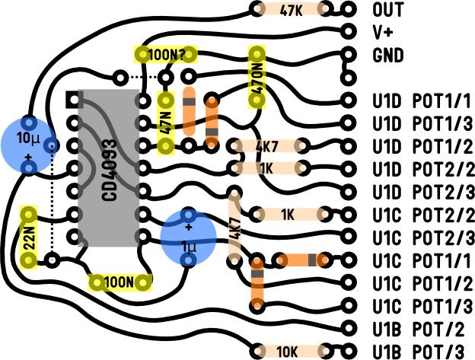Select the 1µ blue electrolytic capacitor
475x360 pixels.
[187, 237]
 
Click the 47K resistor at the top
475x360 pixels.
[290, 10]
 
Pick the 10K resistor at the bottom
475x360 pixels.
[288, 351]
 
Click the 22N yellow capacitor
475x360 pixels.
[28, 237]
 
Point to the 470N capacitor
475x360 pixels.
[257, 77]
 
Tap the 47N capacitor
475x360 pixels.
[165, 123]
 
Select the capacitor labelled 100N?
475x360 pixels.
[165, 54]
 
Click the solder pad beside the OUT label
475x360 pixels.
[349, 10]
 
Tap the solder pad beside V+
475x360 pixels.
[349, 32]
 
